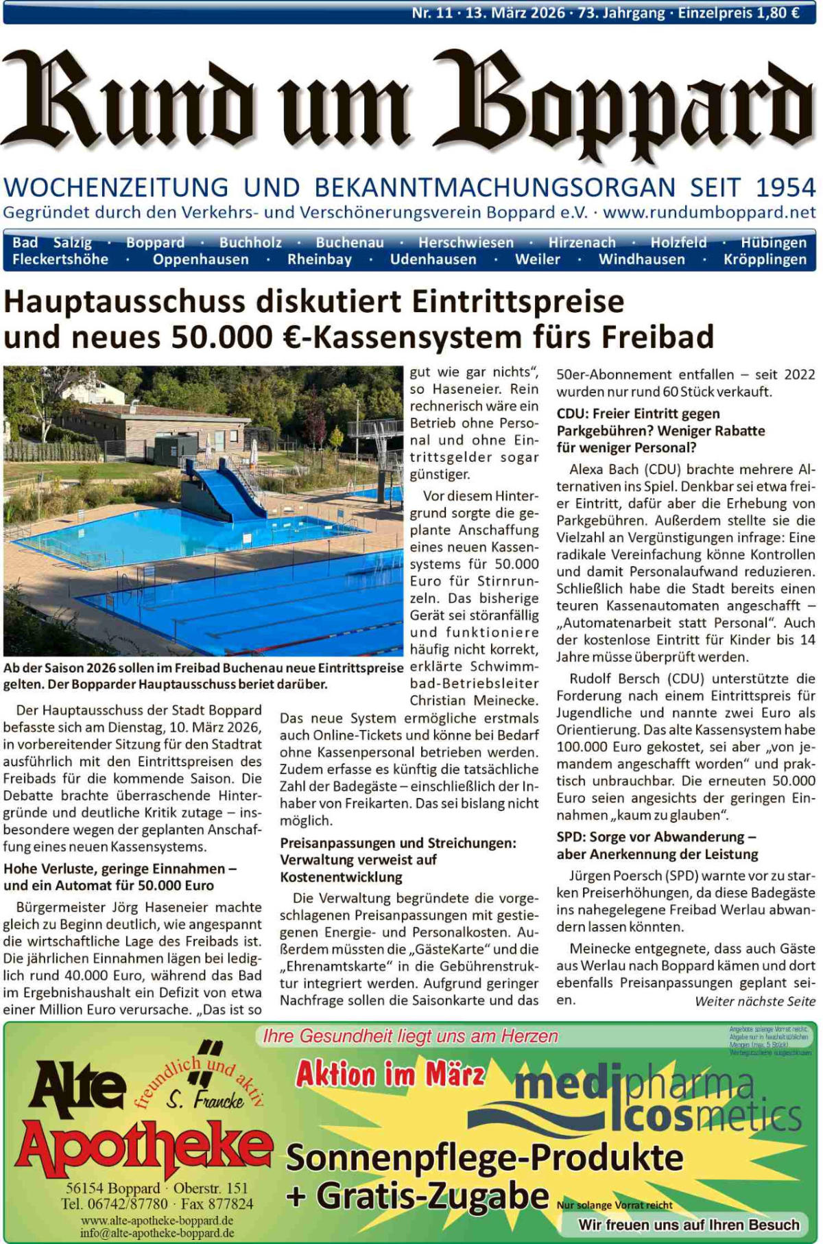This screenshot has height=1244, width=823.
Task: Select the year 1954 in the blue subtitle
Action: coord(785,187)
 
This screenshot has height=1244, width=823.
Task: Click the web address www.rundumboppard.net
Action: coord(709,212)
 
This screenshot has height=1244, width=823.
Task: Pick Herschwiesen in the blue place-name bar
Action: coord(466,242)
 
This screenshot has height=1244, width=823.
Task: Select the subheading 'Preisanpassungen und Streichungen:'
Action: coord(398,843)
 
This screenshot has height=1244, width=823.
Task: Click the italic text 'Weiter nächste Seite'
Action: coord(755,1001)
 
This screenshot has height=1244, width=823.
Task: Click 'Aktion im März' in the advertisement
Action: coord(390,1074)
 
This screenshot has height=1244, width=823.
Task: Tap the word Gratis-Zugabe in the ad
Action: coord(432,1195)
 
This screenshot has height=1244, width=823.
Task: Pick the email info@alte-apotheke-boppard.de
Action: coord(157,1232)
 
